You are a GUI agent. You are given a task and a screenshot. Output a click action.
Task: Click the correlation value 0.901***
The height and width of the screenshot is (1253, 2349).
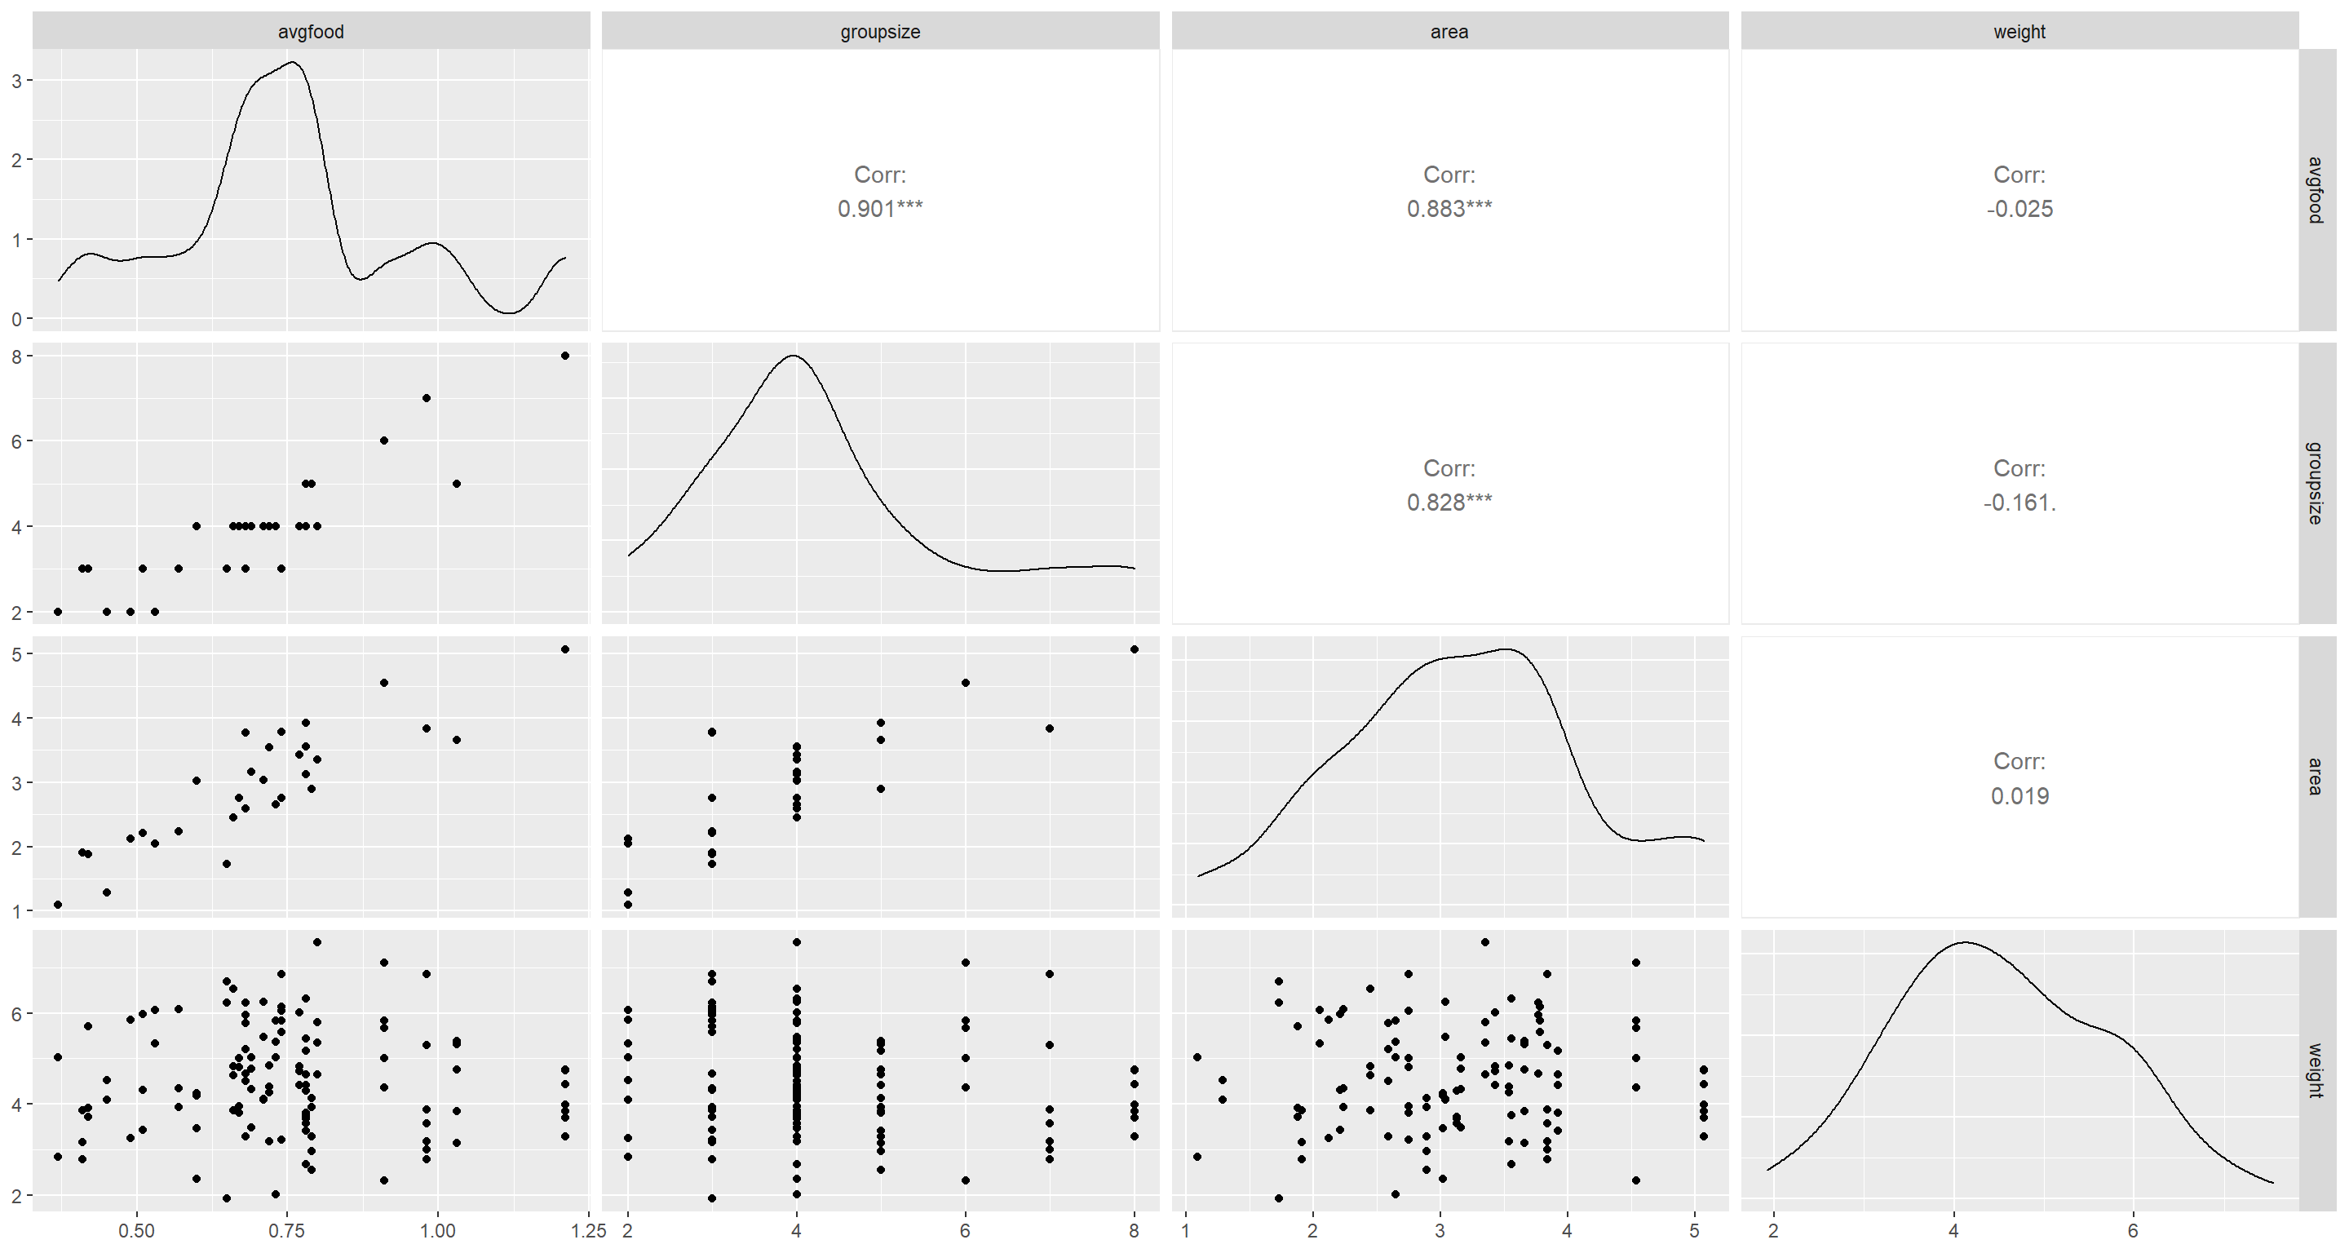tap(880, 209)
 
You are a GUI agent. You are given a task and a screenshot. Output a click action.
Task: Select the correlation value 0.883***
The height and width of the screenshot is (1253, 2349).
tap(1449, 209)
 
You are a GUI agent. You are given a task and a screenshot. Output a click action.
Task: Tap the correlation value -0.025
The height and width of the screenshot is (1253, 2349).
tap(2019, 209)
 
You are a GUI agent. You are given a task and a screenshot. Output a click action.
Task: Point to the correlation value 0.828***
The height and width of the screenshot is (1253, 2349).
tap(1449, 503)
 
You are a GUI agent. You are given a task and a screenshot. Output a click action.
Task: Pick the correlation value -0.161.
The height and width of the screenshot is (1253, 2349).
tap(2019, 503)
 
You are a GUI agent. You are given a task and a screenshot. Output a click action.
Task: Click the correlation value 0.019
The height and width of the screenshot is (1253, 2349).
tap(2019, 796)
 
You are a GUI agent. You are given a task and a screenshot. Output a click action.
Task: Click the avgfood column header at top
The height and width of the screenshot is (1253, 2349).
tap(311, 32)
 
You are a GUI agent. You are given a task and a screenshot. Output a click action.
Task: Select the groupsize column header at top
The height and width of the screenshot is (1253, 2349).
tap(880, 32)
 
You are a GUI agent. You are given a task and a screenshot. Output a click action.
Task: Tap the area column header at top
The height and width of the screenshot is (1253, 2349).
tap(1449, 32)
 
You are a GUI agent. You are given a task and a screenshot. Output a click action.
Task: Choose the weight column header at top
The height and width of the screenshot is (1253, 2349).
tap(2019, 32)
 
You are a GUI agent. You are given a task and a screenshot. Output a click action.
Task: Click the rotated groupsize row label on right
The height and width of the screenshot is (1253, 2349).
tap(2315, 482)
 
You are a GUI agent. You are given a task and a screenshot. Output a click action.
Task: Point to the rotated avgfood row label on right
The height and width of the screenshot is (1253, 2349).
tap(2315, 190)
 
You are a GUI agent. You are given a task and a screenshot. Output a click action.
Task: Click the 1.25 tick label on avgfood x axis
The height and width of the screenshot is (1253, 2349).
tap(588, 1231)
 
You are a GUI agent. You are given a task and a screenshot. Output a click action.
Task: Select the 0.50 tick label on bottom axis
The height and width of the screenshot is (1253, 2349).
tap(137, 1231)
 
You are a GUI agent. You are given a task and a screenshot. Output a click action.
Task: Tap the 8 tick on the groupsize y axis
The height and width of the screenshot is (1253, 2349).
tap(16, 356)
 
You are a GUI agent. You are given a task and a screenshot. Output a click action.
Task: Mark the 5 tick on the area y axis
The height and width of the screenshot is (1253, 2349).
tap(16, 654)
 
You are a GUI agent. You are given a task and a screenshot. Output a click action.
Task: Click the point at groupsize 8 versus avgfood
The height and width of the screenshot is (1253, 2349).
tap(565, 356)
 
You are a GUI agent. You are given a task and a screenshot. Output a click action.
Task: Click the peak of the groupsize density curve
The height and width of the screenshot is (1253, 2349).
tap(794, 356)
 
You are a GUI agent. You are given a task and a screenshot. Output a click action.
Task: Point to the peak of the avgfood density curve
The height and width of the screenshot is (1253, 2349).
tap(292, 62)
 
